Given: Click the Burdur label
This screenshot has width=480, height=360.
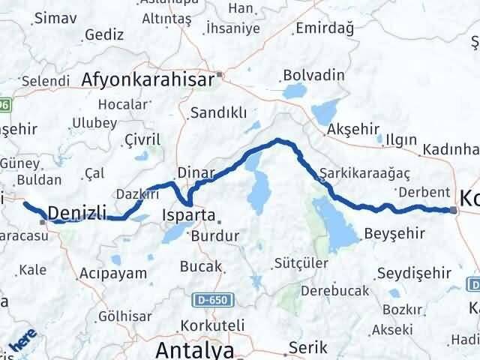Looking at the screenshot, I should [215, 235].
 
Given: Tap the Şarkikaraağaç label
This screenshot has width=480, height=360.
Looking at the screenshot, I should [364, 172].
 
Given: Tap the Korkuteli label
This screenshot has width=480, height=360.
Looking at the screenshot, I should [212, 327].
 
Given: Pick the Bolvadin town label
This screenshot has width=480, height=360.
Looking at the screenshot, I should [313, 76].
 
